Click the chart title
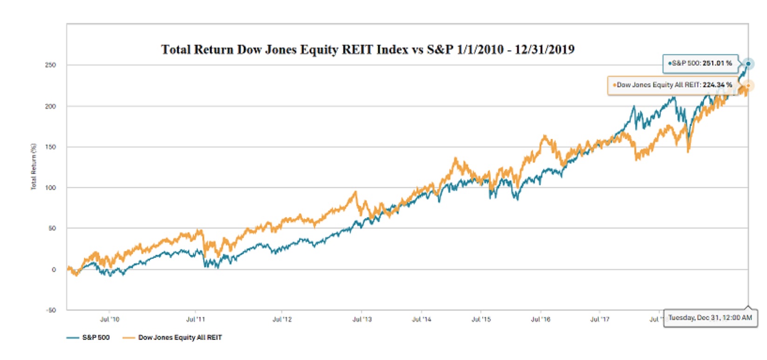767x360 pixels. [x=367, y=49]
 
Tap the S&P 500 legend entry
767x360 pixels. [x=89, y=337]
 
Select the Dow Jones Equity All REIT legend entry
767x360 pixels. [x=173, y=337]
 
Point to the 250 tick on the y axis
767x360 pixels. [x=50, y=65]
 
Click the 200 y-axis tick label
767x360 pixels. [x=50, y=106]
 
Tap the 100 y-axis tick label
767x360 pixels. [x=50, y=188]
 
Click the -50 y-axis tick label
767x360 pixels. [x=50, y=310]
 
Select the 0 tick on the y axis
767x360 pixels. [x=54, y=269]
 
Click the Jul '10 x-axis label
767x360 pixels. [x=109, y=319]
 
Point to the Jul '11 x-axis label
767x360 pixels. [x=196, y=319]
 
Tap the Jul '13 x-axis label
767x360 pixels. [x=362, y=319]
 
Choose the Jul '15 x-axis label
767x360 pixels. [x=481, y=319]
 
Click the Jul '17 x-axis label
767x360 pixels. [x=600, y=319]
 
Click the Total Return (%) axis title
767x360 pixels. [x=34, y=166]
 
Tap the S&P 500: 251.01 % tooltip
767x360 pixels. [x=700, y=63]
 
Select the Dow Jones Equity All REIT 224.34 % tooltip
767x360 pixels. [x=673, y=85]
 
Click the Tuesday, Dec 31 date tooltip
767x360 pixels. [x=710, y=318]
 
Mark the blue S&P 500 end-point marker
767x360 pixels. [x=748, y=64]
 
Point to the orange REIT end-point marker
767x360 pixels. [x=748, y=86]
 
